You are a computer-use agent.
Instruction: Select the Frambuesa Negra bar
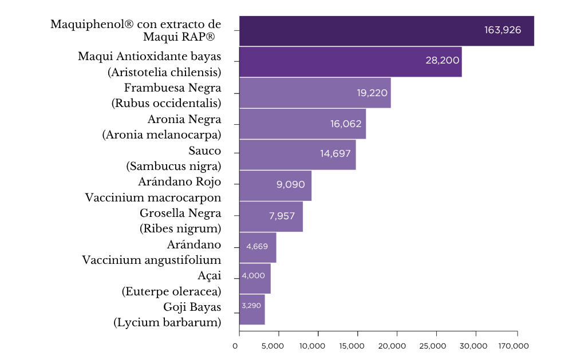[315, 93]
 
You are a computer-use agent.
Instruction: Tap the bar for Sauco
[298, 155]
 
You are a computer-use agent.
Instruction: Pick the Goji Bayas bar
[252, 310]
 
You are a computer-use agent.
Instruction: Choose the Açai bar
[255, 279]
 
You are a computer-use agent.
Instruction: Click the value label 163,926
[503, 30]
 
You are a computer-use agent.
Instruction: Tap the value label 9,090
[290, 185]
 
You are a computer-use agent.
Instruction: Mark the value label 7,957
[283, 216]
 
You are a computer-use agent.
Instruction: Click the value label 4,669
[257, 247]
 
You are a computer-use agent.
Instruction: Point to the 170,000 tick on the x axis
[513, 346]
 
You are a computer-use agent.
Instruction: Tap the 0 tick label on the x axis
[235, 346]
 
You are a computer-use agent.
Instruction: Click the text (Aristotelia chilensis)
[164, 72]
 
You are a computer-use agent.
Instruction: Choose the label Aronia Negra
[184, 120]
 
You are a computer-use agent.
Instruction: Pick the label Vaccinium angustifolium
[152, 260]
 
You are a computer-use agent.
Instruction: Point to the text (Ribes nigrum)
[180, 228]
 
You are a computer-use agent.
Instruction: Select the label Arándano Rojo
[180, 182]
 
